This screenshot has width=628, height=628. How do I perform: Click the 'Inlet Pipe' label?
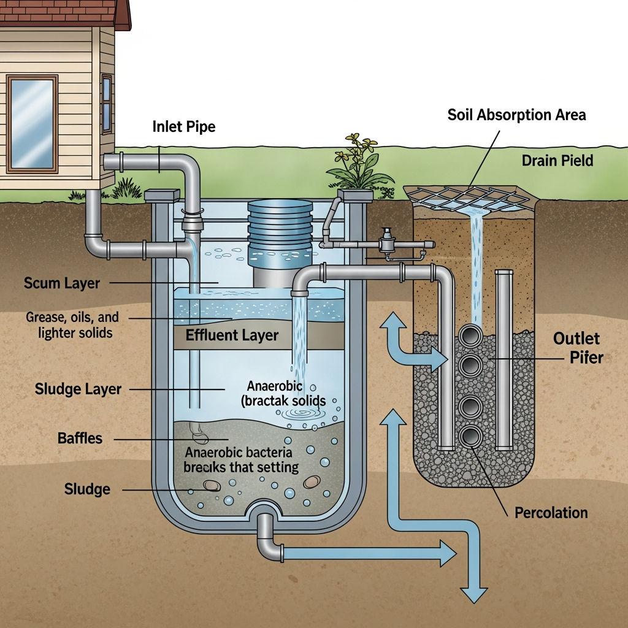(184, 127)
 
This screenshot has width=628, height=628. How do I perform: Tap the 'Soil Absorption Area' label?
(516, 115)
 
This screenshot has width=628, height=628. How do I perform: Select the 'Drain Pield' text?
(557, 161)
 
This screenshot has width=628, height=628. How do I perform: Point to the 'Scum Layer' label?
(61, 283)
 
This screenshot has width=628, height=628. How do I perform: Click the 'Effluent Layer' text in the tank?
(232, 335)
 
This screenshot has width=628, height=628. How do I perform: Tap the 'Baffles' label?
(80, 438)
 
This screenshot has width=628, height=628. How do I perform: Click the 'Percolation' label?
(551, 513)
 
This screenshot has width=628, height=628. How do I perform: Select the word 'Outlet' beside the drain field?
(576, 339)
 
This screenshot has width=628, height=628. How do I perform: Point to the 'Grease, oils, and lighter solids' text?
(72, 324)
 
